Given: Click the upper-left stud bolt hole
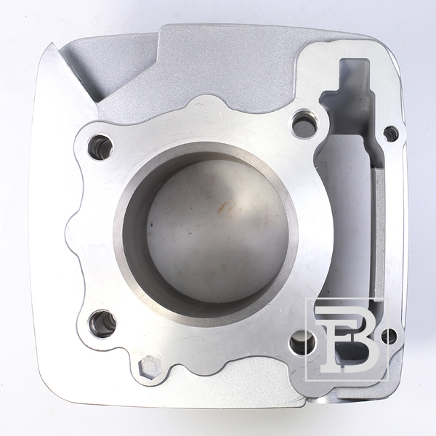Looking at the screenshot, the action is [100, 147].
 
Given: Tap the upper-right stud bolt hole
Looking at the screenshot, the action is [305, 124].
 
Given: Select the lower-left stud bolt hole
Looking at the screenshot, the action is [102, 323].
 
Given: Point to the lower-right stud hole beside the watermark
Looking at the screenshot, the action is [303, 342].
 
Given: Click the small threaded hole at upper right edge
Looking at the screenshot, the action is [391, 133].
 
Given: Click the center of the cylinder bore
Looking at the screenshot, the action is [206, 233].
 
